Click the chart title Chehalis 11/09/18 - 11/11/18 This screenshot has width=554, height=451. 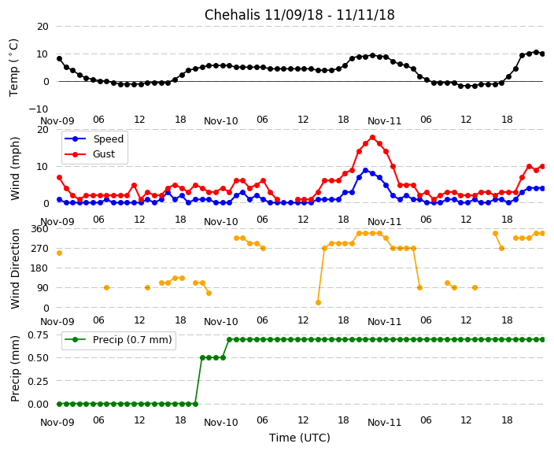point(299,15)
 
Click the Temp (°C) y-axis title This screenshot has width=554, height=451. point(14,67)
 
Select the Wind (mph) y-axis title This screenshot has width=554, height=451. point(16,168)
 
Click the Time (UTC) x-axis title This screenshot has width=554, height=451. point(299,438)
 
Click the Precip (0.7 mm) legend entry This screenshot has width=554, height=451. point(127,340)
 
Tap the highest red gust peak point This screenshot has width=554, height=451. point(372,137)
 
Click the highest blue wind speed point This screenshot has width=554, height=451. point(365,170)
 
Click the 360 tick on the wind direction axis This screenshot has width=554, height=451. point(39,228)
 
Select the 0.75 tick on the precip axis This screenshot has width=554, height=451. point(36,335)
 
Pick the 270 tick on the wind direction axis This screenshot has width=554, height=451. point(39,248)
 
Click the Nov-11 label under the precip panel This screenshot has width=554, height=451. point(384,422)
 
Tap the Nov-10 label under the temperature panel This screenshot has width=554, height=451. point(220,121)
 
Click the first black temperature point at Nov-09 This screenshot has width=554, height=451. point(59,58)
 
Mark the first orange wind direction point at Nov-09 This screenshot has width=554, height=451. point(59,253)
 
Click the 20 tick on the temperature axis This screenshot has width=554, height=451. point(42,26)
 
